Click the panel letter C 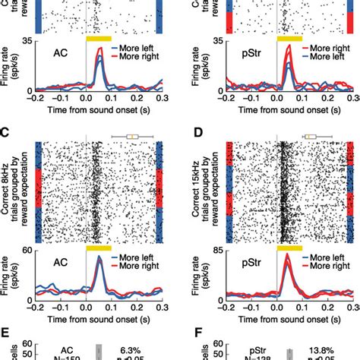[x=5, y=134]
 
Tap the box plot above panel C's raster [x=132, y=137]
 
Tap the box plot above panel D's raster [x=311, y=137]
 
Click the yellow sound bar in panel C [x=99, y=248]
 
